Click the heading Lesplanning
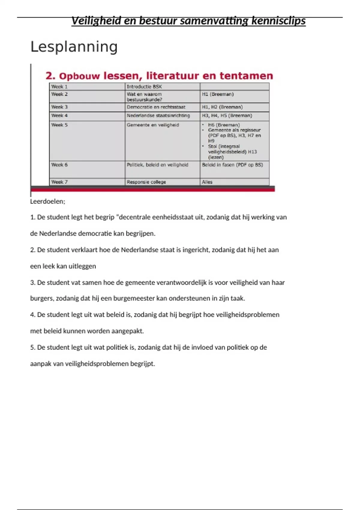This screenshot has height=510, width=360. pos(74,47)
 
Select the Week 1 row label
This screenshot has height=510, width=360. pos(59,87)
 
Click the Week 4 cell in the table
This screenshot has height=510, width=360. pos(59,115)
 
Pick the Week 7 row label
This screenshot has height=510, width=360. pos(59,182)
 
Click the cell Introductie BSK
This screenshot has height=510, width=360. pos(144,87)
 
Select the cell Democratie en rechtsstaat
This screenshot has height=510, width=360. pos(156,107)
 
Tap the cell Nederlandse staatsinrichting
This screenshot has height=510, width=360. pos(158,115)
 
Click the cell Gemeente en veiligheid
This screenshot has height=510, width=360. pos(153,125)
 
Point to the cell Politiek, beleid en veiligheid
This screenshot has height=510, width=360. pos(157,165)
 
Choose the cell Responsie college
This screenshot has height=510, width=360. pos(146,182)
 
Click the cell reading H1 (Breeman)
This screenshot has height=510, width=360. pos(218,94)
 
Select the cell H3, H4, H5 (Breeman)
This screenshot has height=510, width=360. pos(227,115)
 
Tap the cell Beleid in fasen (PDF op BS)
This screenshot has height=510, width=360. pos(232,165)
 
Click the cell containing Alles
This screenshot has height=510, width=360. pos(207,182)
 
